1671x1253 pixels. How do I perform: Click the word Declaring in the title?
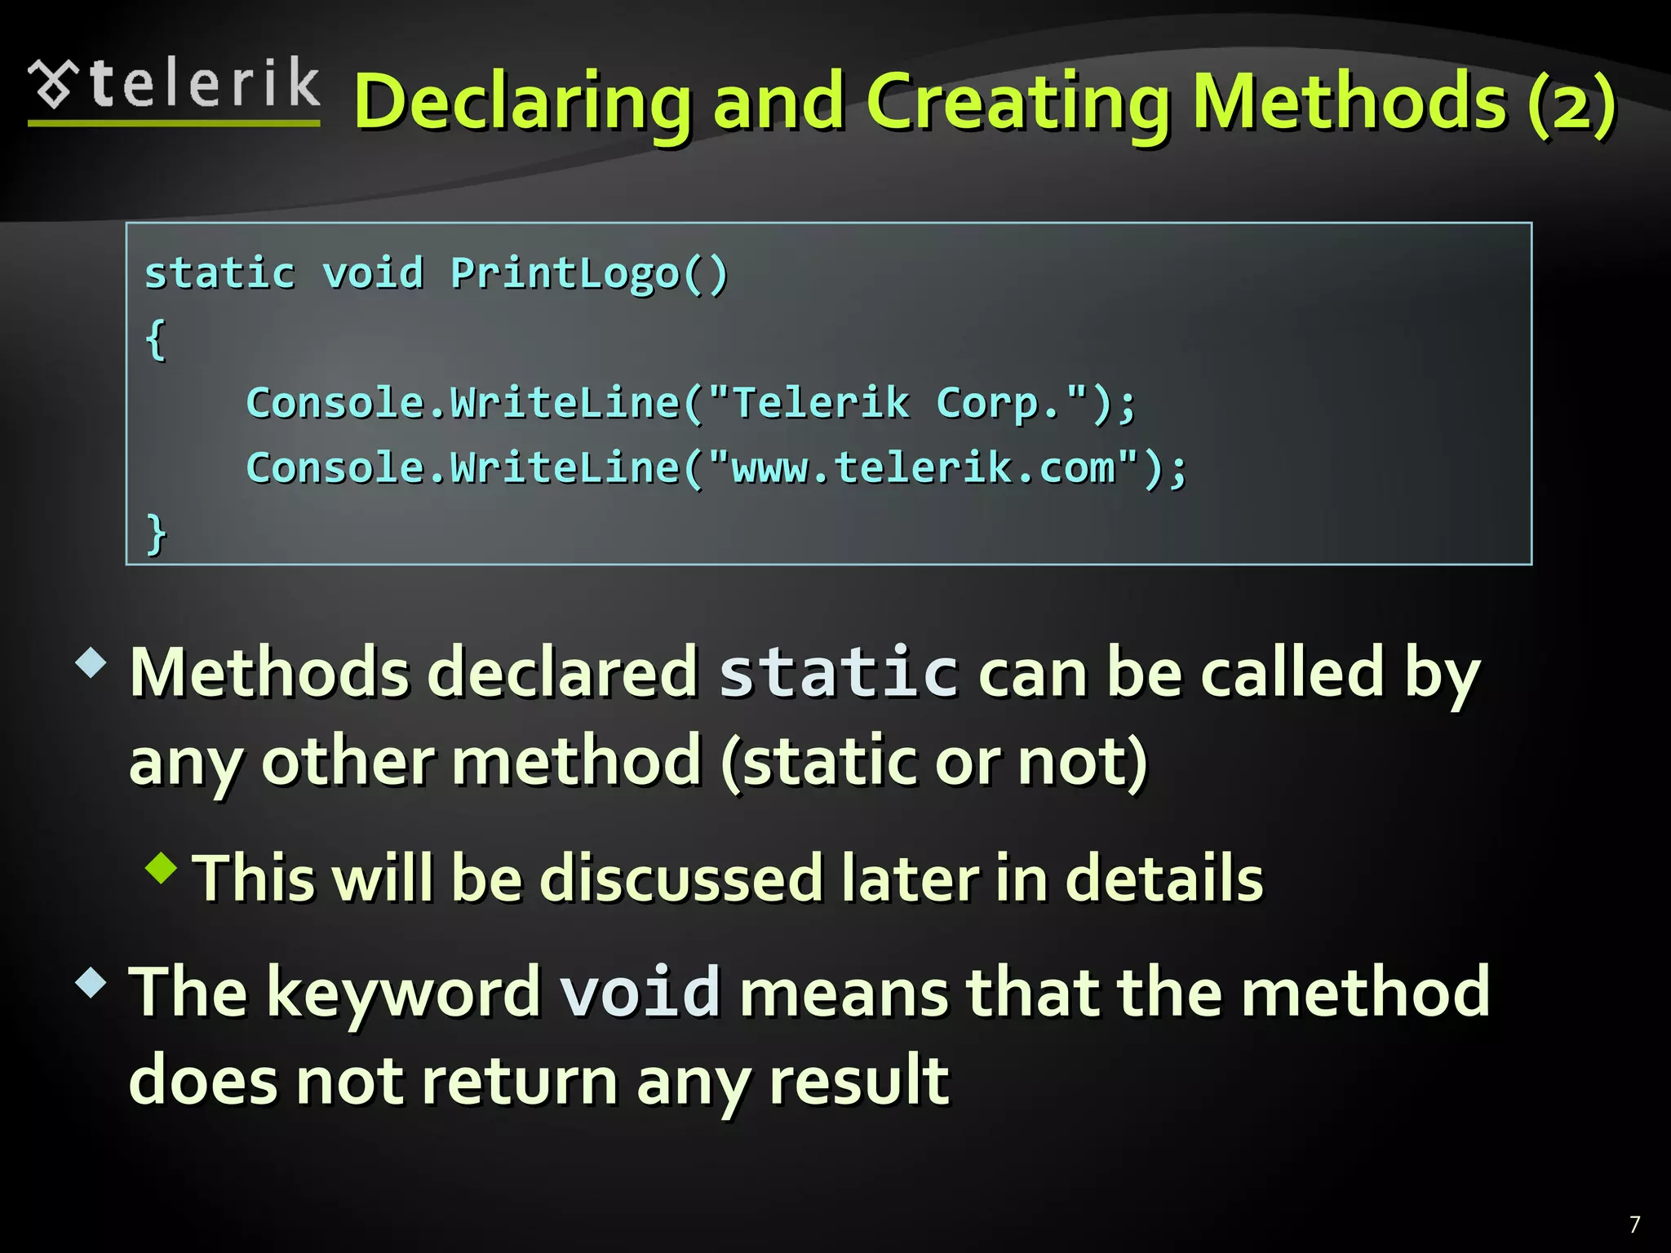click(x=523, y=102)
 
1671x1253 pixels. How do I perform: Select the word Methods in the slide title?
click(x=1349, y=102)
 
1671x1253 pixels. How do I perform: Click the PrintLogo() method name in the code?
click(x=588, y=273)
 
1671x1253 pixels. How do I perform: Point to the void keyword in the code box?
click(x=373, y=272)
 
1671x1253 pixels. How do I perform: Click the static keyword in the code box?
click(x=219, y=273)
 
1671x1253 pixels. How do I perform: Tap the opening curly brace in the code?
click(x=156, y=339)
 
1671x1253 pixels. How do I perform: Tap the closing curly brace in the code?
click(x=156, y=534)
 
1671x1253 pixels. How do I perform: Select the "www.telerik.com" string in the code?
click(x=923, y=468)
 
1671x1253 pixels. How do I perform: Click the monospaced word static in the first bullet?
click(x=838, y=673)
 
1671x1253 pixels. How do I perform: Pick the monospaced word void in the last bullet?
click(x=640, y=992)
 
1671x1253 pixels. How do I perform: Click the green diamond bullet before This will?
click(x=162, y=868)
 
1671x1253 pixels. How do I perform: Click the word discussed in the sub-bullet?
click(x=681, y=879)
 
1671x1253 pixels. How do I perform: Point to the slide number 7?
click(x=1634, y=1224)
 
